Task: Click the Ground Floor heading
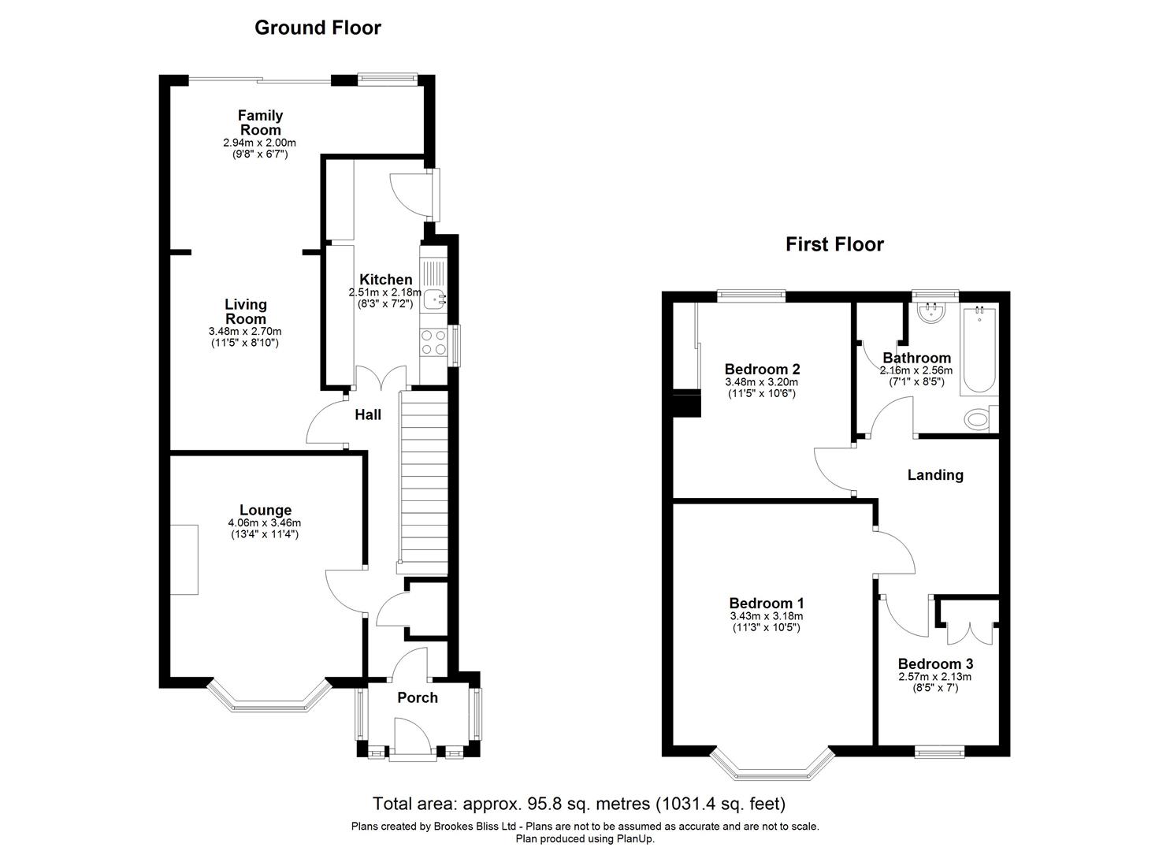[318, 28]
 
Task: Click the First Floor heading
[834, 244]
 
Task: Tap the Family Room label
[260, 123]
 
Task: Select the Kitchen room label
[385, 280]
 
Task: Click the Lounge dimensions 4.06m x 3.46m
[264, 523]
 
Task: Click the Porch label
[417, 697]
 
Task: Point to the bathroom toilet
[979, 419]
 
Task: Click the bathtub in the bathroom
[980, 351]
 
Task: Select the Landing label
[935, 475]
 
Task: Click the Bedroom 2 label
[762, 369]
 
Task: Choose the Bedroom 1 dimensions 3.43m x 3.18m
[766, 617]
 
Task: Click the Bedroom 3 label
[934, 663]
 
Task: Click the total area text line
[579, 805]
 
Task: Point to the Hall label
[367, 414]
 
